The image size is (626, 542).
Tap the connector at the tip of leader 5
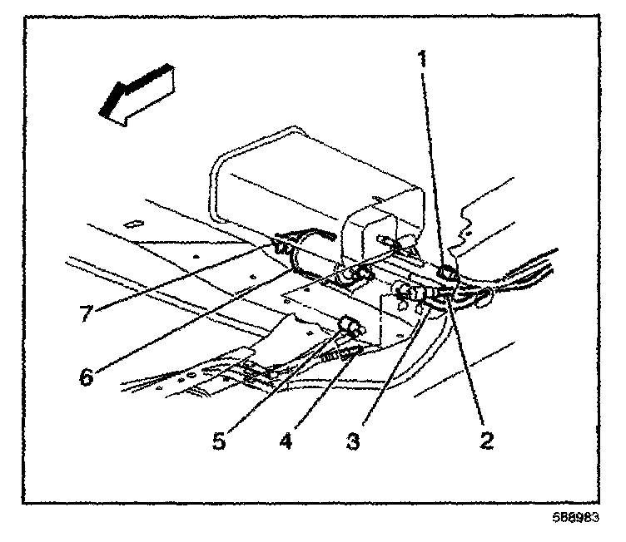pyautogui.click(x=350, y=325)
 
